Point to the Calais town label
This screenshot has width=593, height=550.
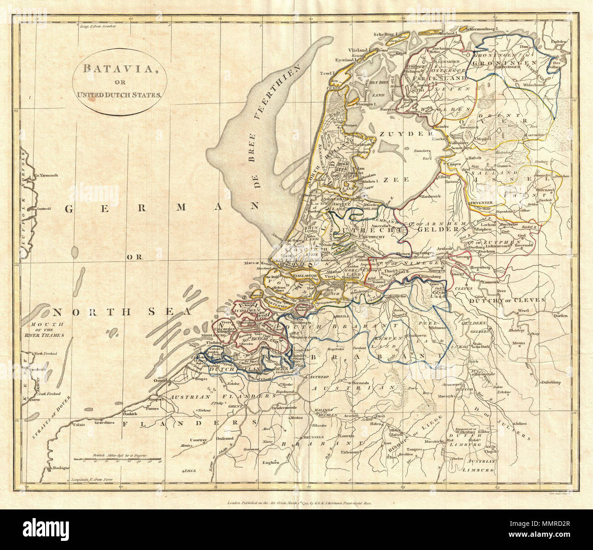click(x=76, y=424)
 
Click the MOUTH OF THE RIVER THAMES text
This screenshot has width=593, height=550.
click(x=44, y=329)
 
